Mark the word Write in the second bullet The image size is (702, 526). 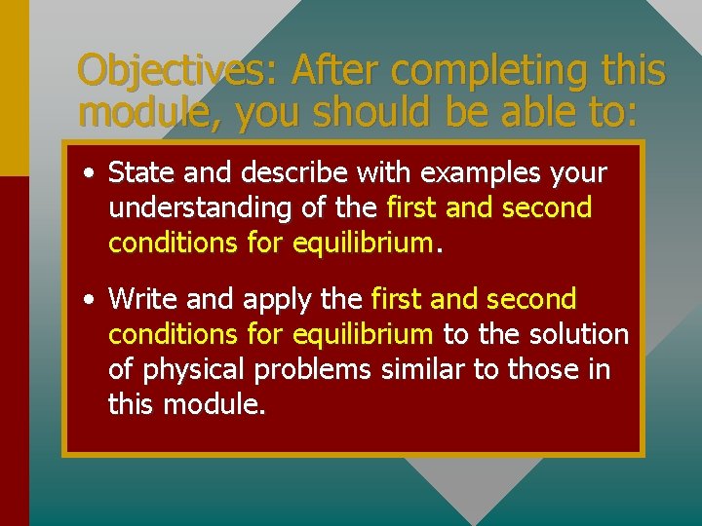pos(141,298)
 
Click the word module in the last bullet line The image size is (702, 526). pos(212,404)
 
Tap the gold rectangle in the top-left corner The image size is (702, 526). pos(15,88)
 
